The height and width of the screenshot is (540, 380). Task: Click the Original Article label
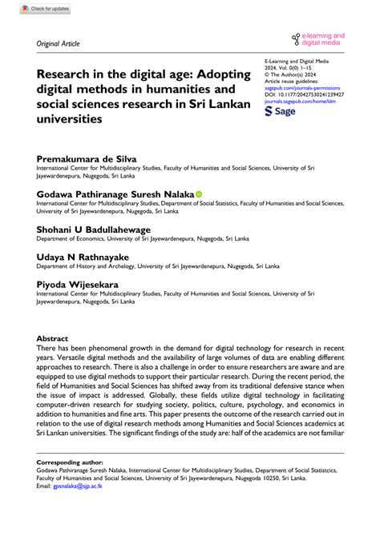tap(59, 43)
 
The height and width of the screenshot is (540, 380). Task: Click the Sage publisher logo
tap(280, 113)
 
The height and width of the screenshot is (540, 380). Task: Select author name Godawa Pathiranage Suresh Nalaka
tap(115, 194)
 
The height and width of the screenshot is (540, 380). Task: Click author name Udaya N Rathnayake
tap(82, 257)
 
